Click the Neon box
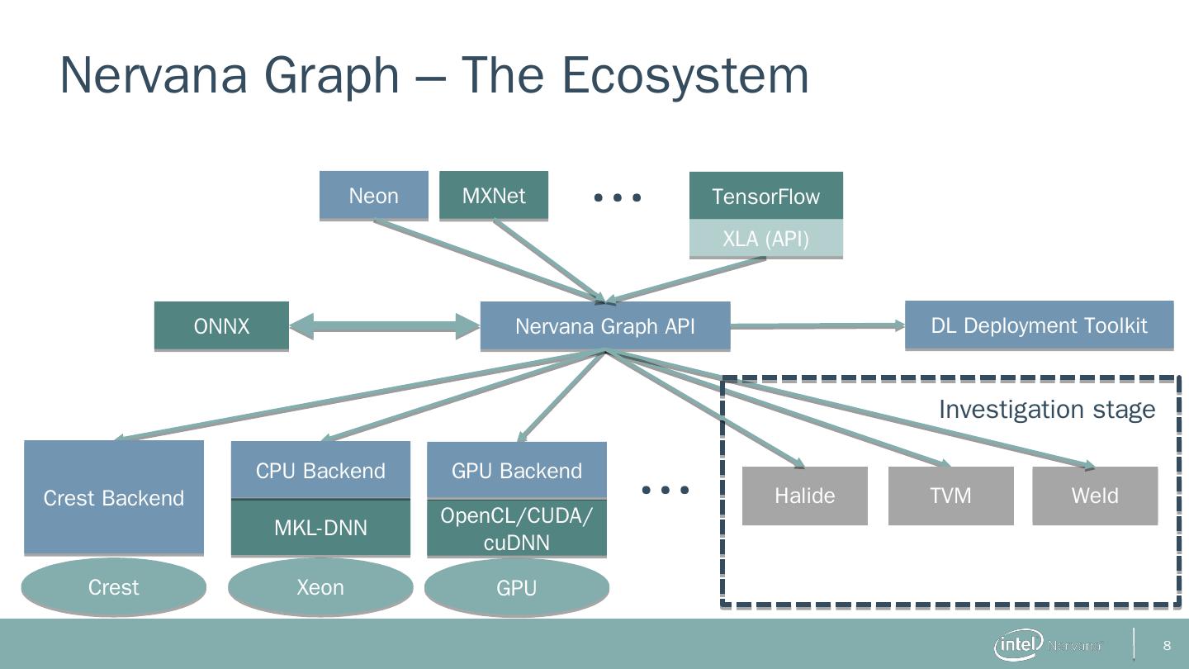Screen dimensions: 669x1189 [374, 196]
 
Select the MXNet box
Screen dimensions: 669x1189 [494, 196]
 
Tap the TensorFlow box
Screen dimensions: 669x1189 [765, 196]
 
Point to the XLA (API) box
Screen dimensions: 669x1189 [765, 240]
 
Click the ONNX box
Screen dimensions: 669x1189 [221, 326]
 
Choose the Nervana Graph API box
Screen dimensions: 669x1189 [605, 326]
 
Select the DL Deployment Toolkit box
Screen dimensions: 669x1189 [1039, 325]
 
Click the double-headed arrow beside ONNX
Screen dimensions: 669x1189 [385, 326]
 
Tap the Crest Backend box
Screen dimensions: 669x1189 [114, 497]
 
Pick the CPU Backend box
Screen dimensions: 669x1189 [320, 471]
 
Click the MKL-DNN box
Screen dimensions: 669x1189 [320, 528]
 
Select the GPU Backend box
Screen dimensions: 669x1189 [517, 471]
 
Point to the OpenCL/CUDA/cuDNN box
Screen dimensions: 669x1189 [517, 529]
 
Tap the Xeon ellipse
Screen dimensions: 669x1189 [320, 587]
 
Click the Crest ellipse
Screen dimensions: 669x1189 [114, 587]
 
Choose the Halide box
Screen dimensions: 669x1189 [805, 496]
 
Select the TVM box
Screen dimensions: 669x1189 [950, 496]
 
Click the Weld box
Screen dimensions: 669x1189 [1095, 496]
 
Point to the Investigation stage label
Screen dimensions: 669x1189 [1047, 410]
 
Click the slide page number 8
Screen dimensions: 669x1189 [1168, 645]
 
